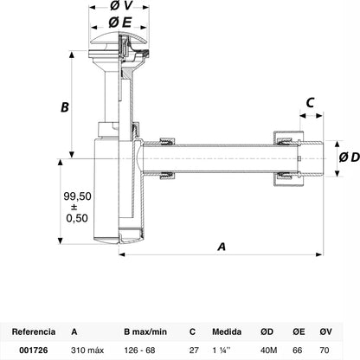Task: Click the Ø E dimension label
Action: coord(120,22)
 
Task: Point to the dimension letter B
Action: coord(65,107)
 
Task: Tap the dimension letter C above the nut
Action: coord(310,103)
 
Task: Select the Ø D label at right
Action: coord(350,157)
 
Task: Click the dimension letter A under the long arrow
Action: coord(222,247)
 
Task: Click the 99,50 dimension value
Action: coord(77,196)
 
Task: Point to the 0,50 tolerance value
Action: coord(77,218)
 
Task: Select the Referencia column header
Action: coord(34,331)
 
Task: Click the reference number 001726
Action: coord(34,350)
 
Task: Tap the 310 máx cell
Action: coord(87,350)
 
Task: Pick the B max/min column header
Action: coord(145,331)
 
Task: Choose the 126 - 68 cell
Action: coord(139,350)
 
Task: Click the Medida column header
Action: coord(227,331)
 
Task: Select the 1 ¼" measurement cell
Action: coord(222,350)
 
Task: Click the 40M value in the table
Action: coord(268,350)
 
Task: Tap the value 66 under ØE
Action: coord(298,350)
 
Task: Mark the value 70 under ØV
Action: coord(325,350)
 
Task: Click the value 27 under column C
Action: coord(194,350)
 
